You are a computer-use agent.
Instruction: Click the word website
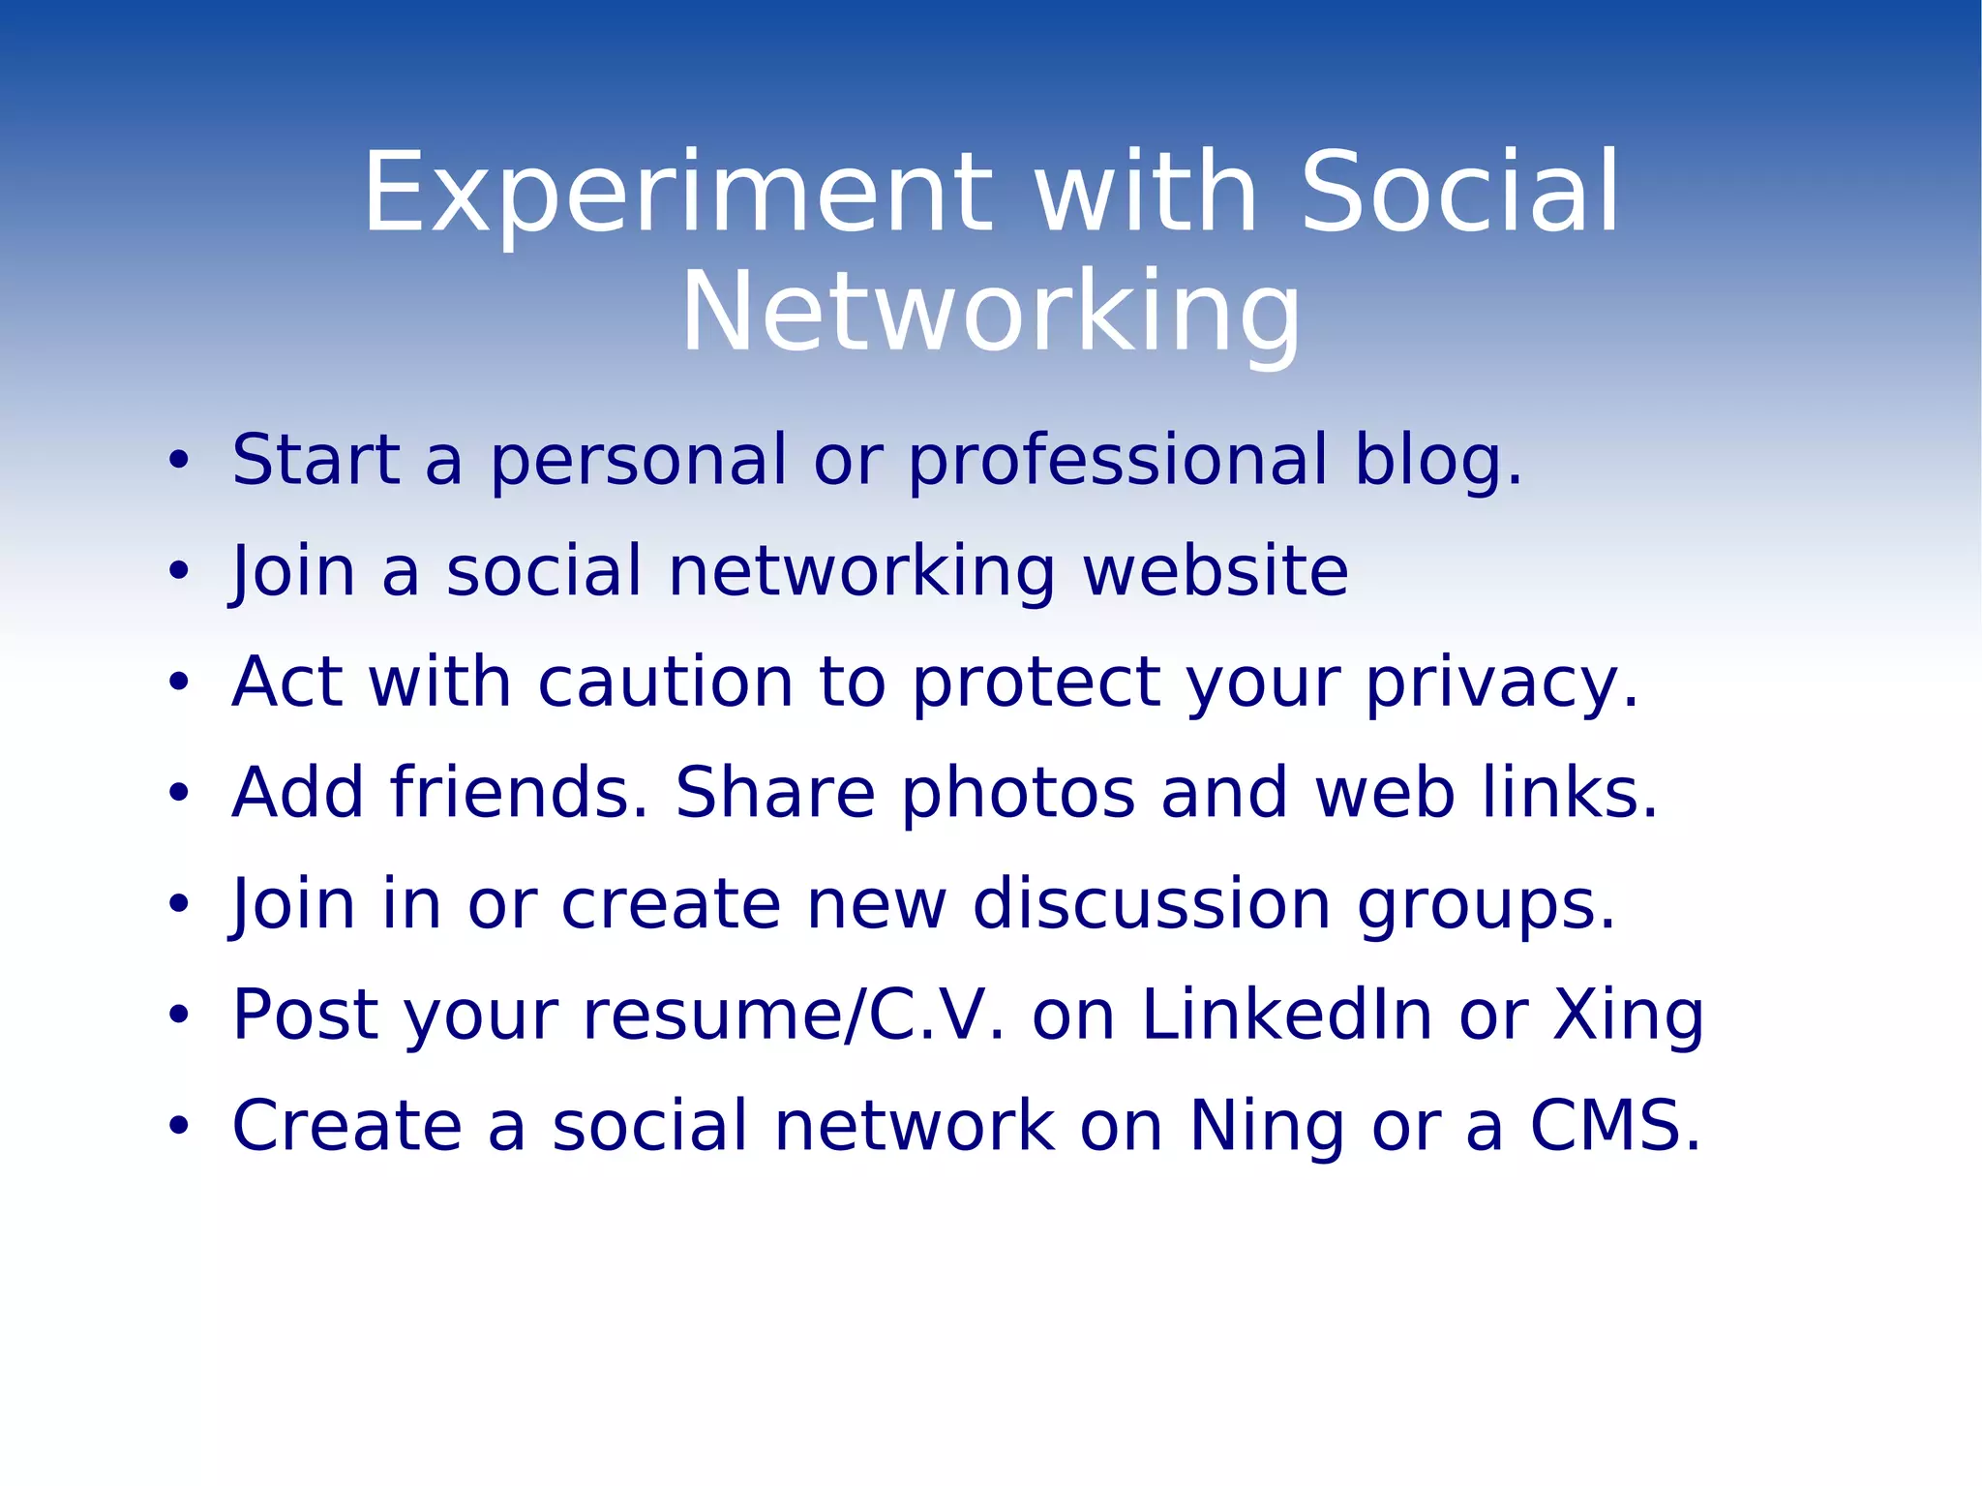click(x=1216, y=571)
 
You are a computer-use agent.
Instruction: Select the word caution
click(x=666, y=682)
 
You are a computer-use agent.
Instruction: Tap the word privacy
click(x=1502, y=682)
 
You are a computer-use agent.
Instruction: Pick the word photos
click(x=1018, y=793)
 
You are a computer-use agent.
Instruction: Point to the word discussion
click(x=1152, y=904)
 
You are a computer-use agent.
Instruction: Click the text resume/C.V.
click(x=794, y=1016)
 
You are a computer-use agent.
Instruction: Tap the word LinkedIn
click(x=1287, y=1016)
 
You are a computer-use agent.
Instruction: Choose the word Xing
click(x=1628, y=1016)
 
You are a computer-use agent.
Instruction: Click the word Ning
click(x=1267, y=1126)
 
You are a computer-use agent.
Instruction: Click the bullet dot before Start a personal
click(x=178, y=462)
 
